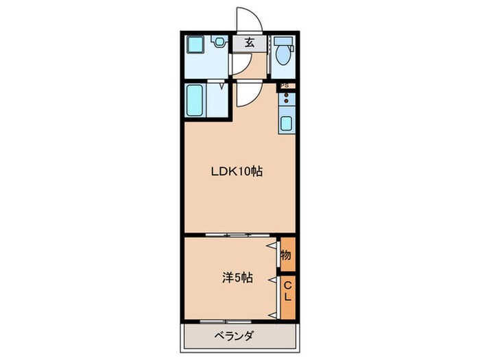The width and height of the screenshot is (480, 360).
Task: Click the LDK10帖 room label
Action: [x=236, y=171]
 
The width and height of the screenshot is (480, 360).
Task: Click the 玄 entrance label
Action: [x=249, y=43]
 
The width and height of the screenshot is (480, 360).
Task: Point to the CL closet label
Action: [x=288, y=292]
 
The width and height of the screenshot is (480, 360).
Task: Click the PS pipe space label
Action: [x=286, y=86]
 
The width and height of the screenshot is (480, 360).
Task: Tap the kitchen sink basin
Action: [x=287, y=124]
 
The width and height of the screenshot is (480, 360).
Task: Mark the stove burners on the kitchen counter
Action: [x=287, y=100]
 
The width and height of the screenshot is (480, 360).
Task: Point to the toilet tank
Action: [x=283, y=40]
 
